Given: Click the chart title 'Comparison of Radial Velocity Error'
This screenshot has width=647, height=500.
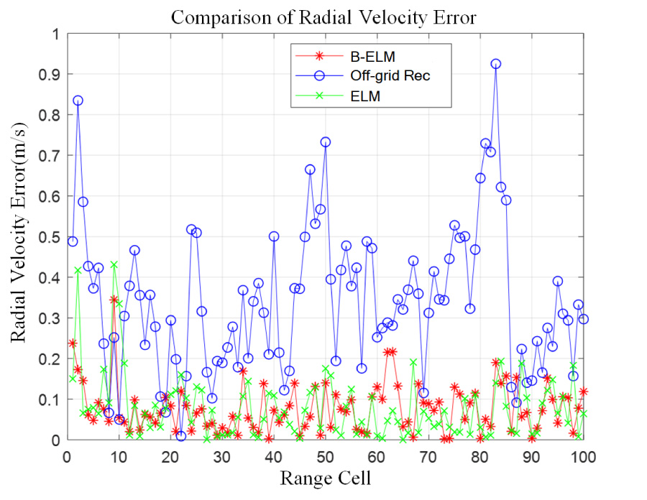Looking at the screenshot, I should pyautogui.click(x=323, y=17).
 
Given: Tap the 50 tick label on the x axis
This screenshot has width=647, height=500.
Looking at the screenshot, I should pyautogui.click(x=325, y=455).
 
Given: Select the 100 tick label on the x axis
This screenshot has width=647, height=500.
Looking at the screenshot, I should pyautogui.click(x=582, y=455).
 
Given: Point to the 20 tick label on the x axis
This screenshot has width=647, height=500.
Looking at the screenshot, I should pyautogui.click(x=170, y=455).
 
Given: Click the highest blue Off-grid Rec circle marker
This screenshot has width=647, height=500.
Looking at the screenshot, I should pyautogui.click(x=495, y=64).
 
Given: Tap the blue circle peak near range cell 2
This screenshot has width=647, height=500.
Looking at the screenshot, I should pyautogui.click(x=78, y=101).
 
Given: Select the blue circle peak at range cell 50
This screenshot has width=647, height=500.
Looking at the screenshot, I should pyautogui.click(x=325, y=142).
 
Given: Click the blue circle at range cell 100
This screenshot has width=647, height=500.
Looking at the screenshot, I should pyautogui.click(x=583, y=318).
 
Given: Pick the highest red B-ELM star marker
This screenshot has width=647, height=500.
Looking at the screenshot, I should pyautogui.click(x=114, y=300).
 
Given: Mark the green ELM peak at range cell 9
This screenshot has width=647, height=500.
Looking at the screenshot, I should pyautogui.click(x=114, y=265).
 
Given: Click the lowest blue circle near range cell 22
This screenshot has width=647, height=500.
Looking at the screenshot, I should pyautogui.click(x=180, y=435).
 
